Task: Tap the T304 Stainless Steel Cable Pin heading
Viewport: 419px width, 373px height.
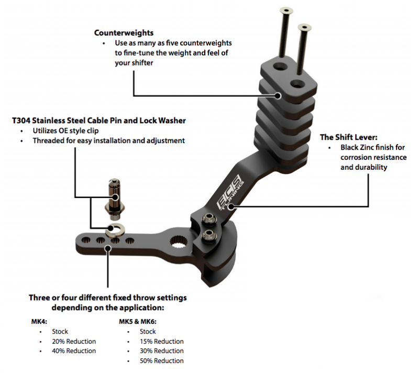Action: [x=98, y=120]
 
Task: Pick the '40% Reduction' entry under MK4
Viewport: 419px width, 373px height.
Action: [x=74, y=351]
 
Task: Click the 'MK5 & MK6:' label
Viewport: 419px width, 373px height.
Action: [x=137, y=322]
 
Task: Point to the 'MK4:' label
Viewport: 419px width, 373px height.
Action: [x=39, y=322]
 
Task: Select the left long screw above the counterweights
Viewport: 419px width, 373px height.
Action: [x=286, y=31]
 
